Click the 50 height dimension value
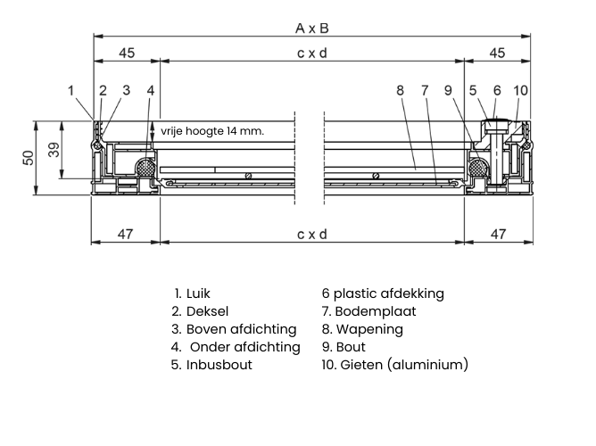[x=28, y=158]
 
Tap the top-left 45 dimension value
[x=126, y=54]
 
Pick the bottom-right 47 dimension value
[x=498, y=234]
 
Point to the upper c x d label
[x=311, y=54]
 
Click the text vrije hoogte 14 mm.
[x=212, y=130]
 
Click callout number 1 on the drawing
[x=71, y=89]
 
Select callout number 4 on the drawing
[x=151, y=89]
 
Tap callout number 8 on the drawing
[x=400, y=89]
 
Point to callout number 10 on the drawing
[x=521, y=89]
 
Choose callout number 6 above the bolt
[x=497, y=89]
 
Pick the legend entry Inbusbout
[x=212, y=365]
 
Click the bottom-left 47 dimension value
[x=126, y=234]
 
